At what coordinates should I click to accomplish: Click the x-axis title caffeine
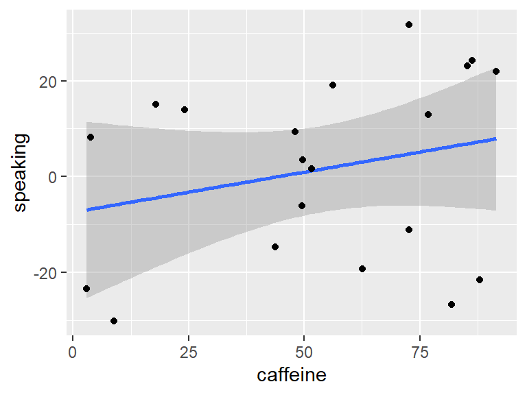pyautogui.click(x=291, y=375)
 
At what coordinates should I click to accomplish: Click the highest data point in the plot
pyautogui.click(x=409, y=25)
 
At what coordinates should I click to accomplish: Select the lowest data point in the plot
pyautogui.click(x=114, y=321)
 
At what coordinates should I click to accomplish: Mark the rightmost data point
pyautogui.click(x=496, y=71)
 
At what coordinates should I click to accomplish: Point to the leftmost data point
pyautogui.click(x=86, y=289)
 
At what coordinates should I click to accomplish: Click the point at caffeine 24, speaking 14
pyautogui.click(x=185, y=110)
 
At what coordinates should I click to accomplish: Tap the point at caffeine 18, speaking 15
pyautogui.click(x=156, y=104)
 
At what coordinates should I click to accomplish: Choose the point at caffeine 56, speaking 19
pyautogui.click(x=333, y=85)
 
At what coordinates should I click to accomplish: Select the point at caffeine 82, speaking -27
pyautogui.click(x=452, y=304)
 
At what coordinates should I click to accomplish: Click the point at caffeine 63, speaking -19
pyautogui.click(x=362, y=269)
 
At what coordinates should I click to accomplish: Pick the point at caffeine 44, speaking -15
pyautogui.click(x=275, y=247)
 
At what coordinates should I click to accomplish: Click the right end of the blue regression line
pyautogui.click(x=495, y=139)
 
